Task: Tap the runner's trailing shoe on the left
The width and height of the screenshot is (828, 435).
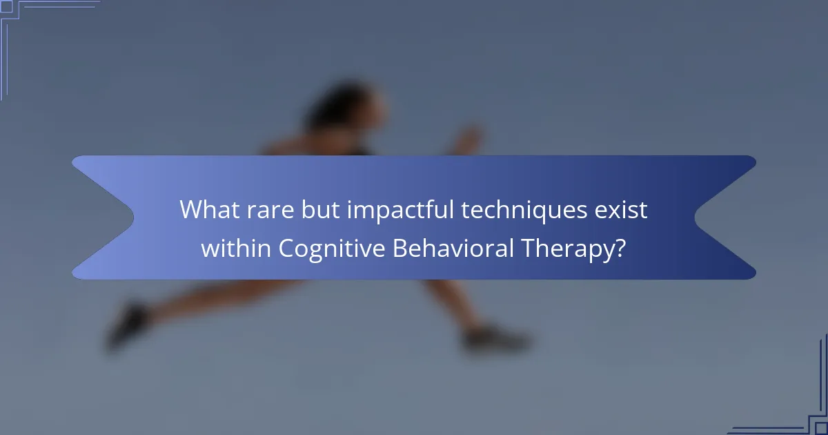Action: [128, 325]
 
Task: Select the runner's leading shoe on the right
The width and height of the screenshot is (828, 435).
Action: [497, 338]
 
